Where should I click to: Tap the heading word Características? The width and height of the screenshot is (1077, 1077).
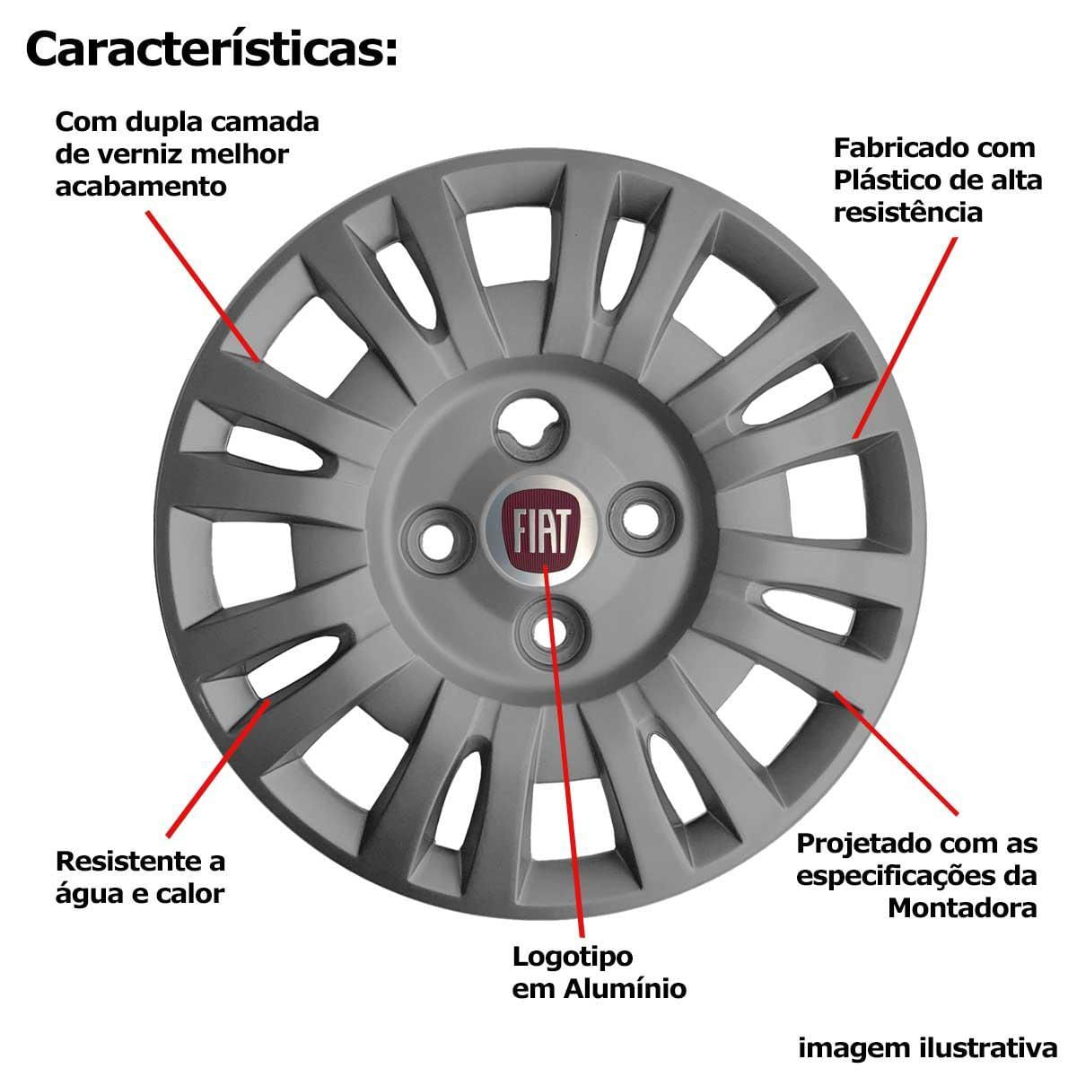(211, 49)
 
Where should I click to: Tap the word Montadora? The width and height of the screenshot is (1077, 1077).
(962, 907)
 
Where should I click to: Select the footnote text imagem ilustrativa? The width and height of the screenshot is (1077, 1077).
(928, 1047)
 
